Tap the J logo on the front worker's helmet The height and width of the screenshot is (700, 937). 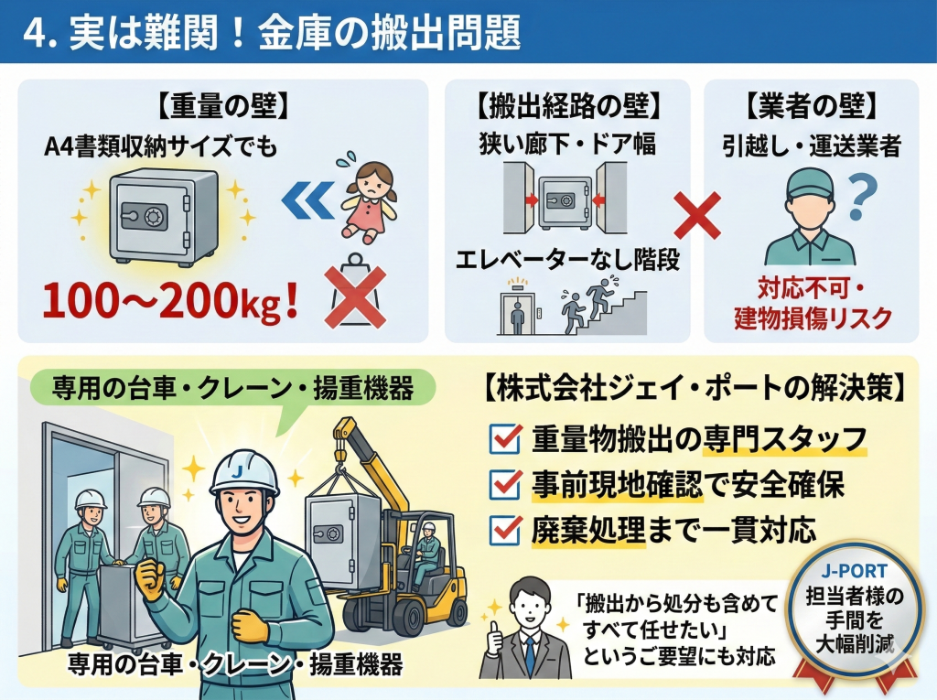click(x=240, y=469)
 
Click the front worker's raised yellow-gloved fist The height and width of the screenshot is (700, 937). click(x=150, y=578)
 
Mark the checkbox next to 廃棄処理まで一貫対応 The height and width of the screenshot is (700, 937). click(x=505, y=528)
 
